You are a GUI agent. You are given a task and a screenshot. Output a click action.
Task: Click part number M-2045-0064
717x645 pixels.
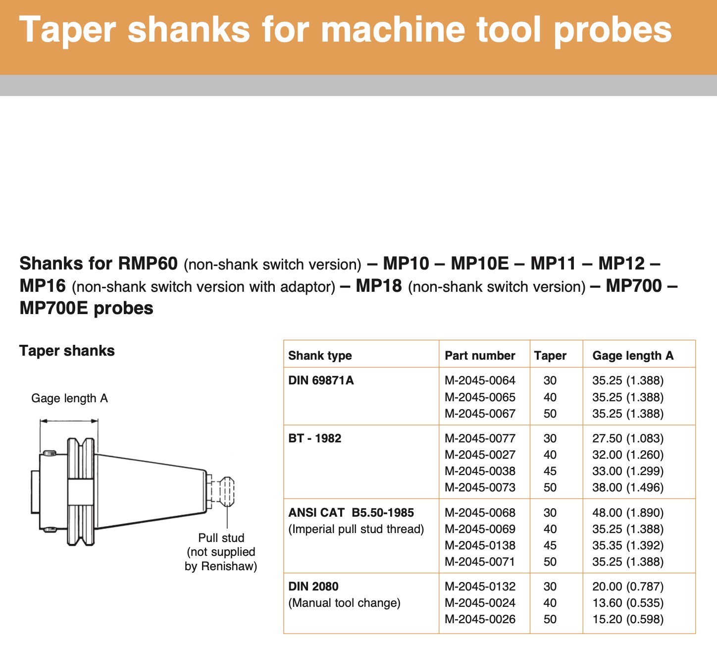coord(480,380)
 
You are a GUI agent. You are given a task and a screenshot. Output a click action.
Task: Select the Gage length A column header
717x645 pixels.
coord(632,356)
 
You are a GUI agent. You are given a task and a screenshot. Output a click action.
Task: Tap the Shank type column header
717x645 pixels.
coord(320,356)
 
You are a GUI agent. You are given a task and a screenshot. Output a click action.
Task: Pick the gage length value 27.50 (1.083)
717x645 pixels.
coord(627,438)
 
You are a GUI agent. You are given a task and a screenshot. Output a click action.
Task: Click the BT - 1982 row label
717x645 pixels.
coord(314,438)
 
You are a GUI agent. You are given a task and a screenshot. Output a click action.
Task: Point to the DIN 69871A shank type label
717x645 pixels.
coord(321,380)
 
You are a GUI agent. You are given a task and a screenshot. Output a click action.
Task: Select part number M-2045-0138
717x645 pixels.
coord(480,545)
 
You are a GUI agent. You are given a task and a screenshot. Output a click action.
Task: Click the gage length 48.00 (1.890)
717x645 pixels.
coord(627,513)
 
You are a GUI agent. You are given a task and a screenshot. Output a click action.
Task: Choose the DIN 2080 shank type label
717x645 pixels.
coord(313,587)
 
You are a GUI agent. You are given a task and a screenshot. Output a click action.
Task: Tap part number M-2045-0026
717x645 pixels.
coord(480,619)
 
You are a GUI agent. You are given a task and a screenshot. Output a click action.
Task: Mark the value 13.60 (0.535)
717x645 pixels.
coord(627,603)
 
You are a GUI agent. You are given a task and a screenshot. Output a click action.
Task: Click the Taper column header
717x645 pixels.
coord(550,356)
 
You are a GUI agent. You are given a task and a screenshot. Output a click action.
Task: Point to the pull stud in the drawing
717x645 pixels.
coord(226,491)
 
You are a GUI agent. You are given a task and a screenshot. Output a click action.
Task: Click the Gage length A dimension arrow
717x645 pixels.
coord(69,421)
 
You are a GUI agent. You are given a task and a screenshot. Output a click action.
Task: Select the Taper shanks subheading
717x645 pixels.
coord(67,351)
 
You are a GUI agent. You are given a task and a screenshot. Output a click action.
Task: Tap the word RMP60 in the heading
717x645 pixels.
coord(148,264)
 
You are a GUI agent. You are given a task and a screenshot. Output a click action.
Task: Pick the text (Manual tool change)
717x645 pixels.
coord(344,603)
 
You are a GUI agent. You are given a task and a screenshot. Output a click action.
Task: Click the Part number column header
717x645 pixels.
coord(480,356)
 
